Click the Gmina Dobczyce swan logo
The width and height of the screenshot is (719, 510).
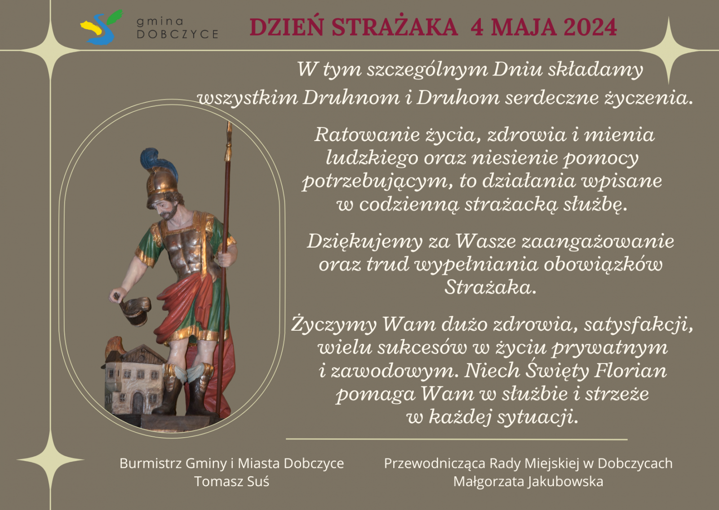click(101, 27)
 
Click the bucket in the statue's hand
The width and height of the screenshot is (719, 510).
click(135, 310)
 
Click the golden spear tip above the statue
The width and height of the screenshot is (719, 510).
click(229, 141)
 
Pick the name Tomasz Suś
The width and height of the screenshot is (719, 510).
click(232, 481)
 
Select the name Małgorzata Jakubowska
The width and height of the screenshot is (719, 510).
click(528, 482)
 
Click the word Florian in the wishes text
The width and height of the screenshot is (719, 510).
click(631, 371)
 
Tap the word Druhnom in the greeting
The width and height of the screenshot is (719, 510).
click(351, 97)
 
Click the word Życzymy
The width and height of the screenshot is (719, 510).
click(334, 325)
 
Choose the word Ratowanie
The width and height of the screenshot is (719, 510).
click(367, 134)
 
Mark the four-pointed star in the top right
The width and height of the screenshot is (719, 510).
click(669, 50)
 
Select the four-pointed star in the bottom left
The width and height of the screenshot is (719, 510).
click(50, 460)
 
